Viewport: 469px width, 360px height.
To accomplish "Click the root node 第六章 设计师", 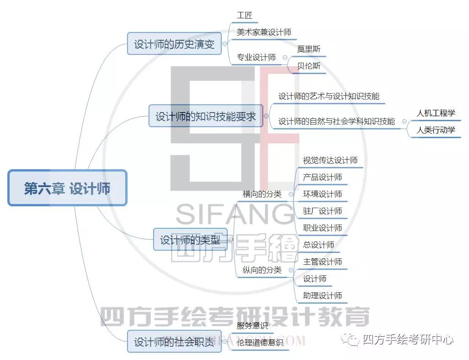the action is (x=67, y=188).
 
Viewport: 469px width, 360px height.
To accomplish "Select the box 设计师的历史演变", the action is (x=174, y=44).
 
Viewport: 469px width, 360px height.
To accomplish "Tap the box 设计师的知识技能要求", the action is (x=206, y=116).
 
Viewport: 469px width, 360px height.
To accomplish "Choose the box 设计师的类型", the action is (x=190, y=239).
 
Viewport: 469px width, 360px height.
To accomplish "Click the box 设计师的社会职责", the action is (x=174, y=341).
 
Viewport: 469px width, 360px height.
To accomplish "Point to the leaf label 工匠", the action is (x=245, y=15).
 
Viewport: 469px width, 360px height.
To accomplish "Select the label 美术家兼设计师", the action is (x=264, y=32).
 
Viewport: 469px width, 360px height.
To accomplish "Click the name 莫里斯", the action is (x=309, y=49).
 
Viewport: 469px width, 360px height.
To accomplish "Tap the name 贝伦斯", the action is (x=309, y=65).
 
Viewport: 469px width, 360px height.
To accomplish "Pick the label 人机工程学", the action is (x=436, y=113).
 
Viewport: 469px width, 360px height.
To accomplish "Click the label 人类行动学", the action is (x=436, y=130).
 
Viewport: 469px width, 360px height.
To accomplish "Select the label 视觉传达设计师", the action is (x=330, y=161).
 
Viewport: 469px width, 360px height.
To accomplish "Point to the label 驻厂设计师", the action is (x=322, y=211).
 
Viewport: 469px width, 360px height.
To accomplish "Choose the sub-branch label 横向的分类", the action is (x=262, y=194).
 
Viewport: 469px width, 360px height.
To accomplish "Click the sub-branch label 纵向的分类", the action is (x=262, y=270).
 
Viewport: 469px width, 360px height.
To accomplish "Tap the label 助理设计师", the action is (x=322, y=296).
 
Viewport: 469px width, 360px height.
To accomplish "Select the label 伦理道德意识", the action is (x=260, y=342).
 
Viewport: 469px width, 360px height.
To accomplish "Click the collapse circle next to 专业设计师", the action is (x=285, y=58).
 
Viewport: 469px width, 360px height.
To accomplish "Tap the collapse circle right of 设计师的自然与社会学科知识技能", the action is (x=405, y=122).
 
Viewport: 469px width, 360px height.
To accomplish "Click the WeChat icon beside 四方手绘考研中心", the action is (x=350, y=339).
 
